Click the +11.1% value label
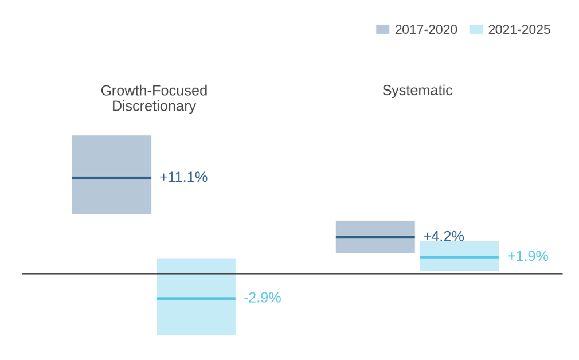click(x=183, y=178)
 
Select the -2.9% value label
click(x=262, y=298)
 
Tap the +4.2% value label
click(x=443, y=236)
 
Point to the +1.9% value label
click(x=527, y=256)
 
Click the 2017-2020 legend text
click(x=426, y=30)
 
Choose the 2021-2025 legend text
click(x=519, y=30)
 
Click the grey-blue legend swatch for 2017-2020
click(x=382, y=30)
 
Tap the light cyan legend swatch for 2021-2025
click(x=476, y=30)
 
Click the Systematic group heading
click(x=417, y=91)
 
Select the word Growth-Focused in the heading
click(x=154, y=91)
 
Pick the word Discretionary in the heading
click(x=154, y=106)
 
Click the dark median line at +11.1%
click(x=112, y=178)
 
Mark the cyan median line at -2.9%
click(x=196, y=298)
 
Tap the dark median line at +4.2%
click(x=375, y=237)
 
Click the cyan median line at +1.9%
click(x=460, y=257)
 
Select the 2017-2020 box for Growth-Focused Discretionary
click(x=112, y=155)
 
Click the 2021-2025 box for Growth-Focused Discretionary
click(x=196, y=318)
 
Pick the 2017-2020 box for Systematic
click(x=375, y=228)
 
